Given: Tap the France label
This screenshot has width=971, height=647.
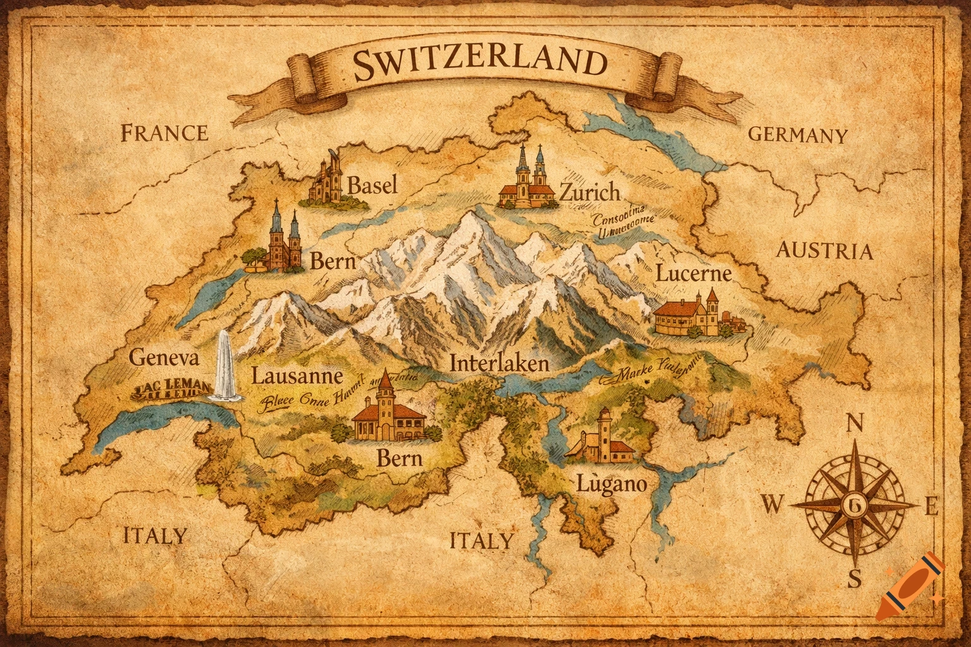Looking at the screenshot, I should [x=164, y=133].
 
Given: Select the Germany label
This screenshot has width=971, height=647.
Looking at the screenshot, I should [x=797, y=135].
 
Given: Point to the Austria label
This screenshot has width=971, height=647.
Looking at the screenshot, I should [x=824, y=251].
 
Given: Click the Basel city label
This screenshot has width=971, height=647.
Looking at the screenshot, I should [x=373, y=185].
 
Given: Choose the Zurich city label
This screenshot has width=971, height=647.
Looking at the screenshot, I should [x=590, y=191].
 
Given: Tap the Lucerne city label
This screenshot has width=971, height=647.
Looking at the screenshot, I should [x=693, y=274].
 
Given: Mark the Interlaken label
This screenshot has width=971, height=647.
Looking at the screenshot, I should [x=499, y=363].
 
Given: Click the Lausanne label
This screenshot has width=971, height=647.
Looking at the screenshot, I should [x=297, y=377].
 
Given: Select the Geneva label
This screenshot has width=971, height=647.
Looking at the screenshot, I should [x=164, y=358].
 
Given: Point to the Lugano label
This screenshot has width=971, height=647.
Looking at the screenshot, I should [x=612, y=484].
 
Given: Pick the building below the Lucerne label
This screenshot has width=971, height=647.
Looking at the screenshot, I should [x=695, y=314].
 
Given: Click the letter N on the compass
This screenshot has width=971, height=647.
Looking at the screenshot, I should [x=855, y=423].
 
